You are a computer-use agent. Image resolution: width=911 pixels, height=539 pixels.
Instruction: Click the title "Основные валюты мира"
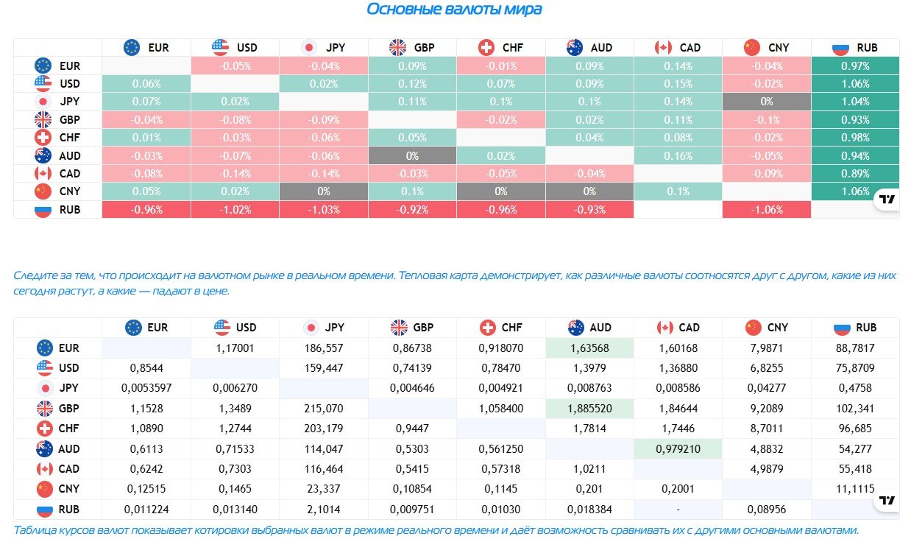pos(454,10)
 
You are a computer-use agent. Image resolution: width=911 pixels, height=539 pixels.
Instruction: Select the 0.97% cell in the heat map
pos(855,66)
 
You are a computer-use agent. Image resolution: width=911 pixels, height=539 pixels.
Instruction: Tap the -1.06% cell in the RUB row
pos(767,210)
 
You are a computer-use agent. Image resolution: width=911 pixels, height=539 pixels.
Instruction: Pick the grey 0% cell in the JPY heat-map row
pos(767,102)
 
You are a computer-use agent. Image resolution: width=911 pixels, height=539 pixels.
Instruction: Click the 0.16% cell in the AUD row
pos(678,155)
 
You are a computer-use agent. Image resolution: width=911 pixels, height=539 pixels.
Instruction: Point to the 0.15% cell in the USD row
pos(678,83)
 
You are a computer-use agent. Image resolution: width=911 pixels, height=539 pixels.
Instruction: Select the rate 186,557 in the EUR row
pos(324,348)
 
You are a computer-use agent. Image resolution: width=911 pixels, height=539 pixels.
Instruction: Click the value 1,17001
pos(235,348)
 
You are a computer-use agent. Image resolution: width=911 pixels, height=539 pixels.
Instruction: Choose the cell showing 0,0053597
pos(146,387)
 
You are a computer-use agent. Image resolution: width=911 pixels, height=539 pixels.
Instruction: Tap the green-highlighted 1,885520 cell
pos(589,409)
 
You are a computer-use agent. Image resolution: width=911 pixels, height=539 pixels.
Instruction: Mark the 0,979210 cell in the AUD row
pos(678,448)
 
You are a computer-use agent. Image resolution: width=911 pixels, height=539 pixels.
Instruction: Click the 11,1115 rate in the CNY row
pos(855,488)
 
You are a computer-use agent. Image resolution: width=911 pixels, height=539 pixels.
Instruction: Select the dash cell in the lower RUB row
pos(678,510)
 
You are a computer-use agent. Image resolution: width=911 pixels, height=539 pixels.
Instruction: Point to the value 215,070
pos(324,409)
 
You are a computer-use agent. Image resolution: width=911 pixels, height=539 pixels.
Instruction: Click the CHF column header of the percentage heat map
pos(500,48)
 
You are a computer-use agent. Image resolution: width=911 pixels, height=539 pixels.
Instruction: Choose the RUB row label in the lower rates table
pos(68,510)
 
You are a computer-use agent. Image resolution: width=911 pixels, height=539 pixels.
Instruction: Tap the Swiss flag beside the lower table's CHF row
pos(45,429)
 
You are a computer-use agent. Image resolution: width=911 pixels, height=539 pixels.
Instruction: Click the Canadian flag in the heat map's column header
pos(663,48)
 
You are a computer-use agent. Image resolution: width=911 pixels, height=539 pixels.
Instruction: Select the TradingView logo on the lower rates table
pos(887,500)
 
